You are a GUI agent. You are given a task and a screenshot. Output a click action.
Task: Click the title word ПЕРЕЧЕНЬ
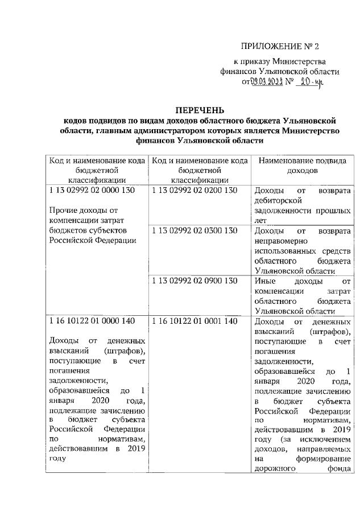199,109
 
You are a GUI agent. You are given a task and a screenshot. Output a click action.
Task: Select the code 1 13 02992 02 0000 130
92,191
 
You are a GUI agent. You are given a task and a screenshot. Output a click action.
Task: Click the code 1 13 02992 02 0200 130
194,191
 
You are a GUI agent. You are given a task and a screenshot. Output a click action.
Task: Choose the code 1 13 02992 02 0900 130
194,281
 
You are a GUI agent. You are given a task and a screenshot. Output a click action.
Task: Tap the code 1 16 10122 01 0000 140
92,321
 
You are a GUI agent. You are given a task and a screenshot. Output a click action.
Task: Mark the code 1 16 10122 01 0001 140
194,321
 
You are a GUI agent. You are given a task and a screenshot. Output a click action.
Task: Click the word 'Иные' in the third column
264,281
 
